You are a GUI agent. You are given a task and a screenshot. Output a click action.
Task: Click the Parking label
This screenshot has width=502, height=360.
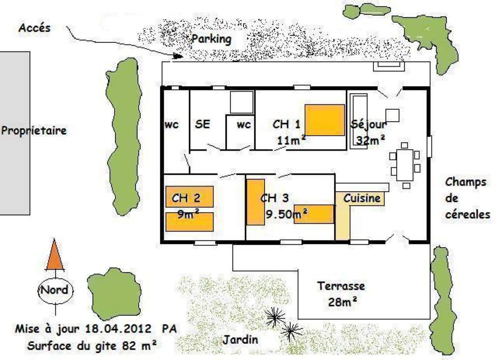tap(211, 39)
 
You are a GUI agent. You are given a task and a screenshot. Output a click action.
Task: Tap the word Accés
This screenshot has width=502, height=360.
tap(34, 28)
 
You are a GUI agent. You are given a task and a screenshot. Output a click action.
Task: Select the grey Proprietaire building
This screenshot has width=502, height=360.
tap(15, 133)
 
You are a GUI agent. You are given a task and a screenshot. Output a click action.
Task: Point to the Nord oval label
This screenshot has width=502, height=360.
tap(55, 291)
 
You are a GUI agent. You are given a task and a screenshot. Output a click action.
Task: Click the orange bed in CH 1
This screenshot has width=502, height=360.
tap(325, 120)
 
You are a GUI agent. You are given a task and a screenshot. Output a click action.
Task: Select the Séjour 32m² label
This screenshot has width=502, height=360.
tap(369, 132)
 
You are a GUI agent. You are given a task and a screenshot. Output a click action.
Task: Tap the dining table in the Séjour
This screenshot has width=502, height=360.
tap(405, 165)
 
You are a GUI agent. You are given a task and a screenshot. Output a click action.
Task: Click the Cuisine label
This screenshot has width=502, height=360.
tap(362, 198)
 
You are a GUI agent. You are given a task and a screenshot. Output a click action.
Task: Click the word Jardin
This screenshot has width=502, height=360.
tap(241, 340)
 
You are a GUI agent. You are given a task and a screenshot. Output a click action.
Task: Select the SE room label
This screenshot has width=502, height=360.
tap(202, 124)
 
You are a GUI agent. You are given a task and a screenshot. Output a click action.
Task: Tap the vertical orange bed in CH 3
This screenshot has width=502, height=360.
tap(255, 202)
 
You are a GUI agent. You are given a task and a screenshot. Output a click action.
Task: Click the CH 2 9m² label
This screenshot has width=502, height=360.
tap(187, 206)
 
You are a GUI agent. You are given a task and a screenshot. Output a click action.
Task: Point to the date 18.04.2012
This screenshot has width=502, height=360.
tap(118, 329)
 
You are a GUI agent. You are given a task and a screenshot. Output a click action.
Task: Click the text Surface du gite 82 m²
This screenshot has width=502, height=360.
tap(92, 346)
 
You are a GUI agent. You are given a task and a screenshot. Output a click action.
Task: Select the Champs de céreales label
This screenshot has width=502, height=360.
tap(468, 198)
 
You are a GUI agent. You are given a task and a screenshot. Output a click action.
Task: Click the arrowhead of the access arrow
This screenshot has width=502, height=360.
tap(178, 56)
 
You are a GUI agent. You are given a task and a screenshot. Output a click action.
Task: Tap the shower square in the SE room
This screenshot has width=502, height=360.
tap(242, 102)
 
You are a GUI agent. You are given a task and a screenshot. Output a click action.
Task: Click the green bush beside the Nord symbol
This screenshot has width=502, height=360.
tap(114, 294)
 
